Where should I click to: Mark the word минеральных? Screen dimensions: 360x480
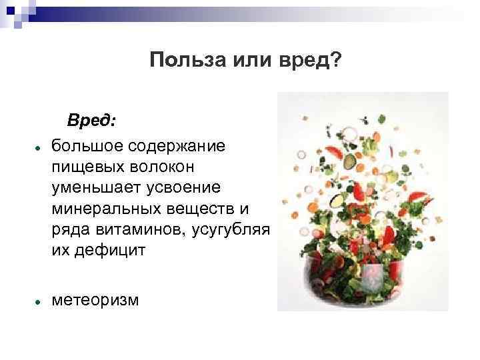(103, 209)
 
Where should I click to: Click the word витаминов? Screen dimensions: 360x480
(139, 230)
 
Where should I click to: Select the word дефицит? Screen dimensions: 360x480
(105, 251)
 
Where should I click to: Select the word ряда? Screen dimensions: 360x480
(67, 230)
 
